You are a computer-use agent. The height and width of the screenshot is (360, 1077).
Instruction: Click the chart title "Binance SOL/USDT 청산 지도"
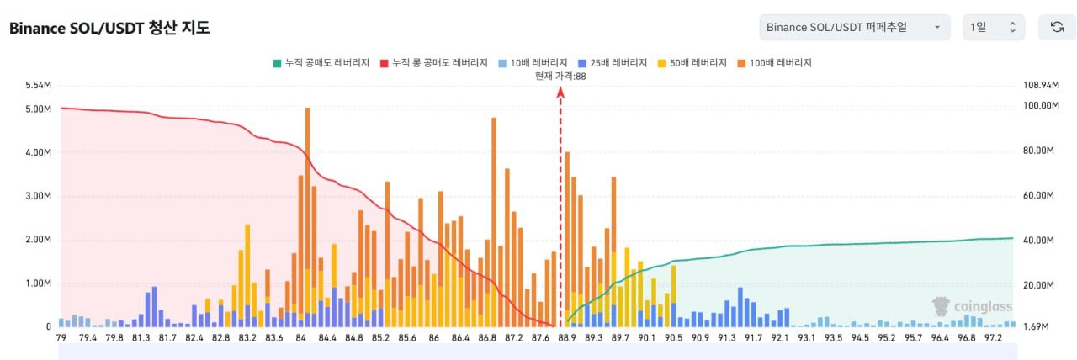[x=109, y=28]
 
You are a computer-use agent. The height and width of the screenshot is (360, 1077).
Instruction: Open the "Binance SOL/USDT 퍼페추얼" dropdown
[x=854, y=27]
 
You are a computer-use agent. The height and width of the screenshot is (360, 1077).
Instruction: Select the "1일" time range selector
[x=994, y=27]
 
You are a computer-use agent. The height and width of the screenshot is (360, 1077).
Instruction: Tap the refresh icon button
[x=1057, y=27]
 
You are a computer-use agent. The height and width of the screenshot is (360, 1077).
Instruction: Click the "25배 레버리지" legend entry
[x=613, y=63]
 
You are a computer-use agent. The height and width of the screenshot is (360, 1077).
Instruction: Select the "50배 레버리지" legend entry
[x=695, y=63]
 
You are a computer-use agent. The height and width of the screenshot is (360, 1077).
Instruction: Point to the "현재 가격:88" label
[x=560, y=76]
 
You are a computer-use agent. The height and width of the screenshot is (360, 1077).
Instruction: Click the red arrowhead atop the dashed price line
[x=560, y=92]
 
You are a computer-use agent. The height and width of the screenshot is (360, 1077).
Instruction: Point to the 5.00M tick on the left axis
[x=39, y=109]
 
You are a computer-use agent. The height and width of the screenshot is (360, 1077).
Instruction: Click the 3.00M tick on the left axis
[x=39, y=196]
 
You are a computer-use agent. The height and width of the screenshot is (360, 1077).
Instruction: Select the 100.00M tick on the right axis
[x=1040, y=106]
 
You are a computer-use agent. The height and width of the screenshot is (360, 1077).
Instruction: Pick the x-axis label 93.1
[x=807, y=338]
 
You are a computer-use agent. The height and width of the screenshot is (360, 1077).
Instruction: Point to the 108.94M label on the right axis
[x=1040, y=86]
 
